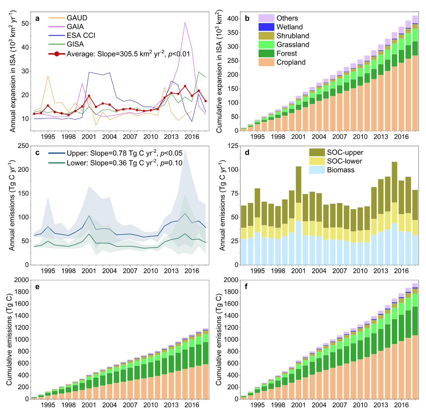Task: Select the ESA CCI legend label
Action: click(x=81, y=36)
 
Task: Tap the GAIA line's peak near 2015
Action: click(x=185, y=22)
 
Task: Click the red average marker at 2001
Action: click(x=89, y=96)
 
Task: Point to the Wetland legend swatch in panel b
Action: click(x=266, y=27)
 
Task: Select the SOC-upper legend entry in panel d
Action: click(x=340, y=152)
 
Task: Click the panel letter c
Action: click(x=37, y=153)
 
